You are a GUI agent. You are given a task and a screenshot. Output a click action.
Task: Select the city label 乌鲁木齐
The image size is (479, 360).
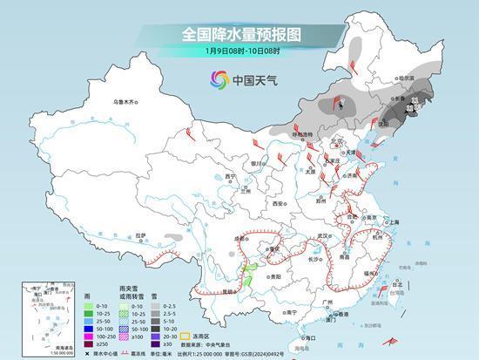[125, 103]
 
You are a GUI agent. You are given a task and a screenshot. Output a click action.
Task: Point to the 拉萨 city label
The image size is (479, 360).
[141, 234]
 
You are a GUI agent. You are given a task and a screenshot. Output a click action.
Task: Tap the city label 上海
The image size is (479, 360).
[391, 222]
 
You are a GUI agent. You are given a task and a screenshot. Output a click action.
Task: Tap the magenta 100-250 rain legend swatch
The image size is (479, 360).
[91, 336]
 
